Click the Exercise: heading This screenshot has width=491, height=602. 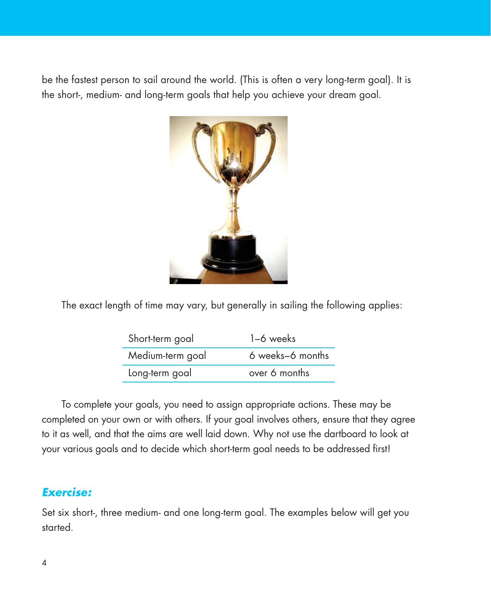tap(67, 492)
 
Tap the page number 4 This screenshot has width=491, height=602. tap(44, 563)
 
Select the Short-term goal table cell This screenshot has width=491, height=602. tap(161, 338)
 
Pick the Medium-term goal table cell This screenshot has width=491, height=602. tap(167, 356)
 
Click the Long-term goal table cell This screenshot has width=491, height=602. tap(160, 373)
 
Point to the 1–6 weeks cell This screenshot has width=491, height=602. tap(272, 338)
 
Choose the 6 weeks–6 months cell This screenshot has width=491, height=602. tap(289, 356)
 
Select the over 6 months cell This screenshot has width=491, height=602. tap(279, 373)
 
